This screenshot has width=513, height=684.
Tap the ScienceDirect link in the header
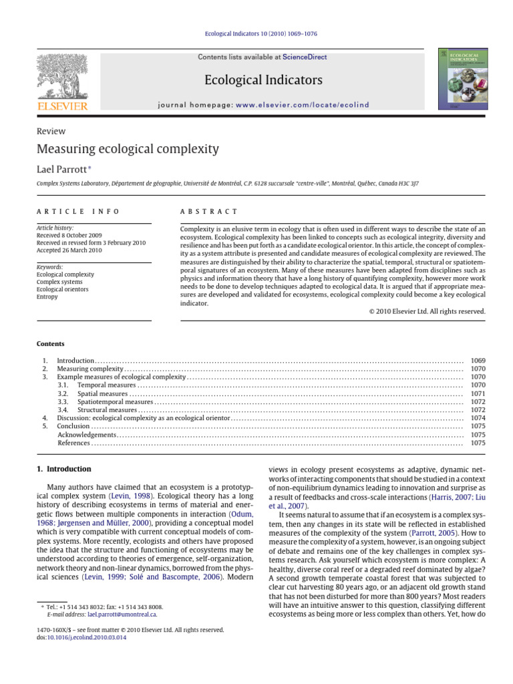coord(305,57)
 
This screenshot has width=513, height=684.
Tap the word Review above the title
coord(51,132)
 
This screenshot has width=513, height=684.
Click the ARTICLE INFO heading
coord(77,211)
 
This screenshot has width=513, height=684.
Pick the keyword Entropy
coord(47,297)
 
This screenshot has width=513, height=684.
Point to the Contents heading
coord(50,344)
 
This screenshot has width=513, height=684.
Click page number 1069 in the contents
coord(478,361)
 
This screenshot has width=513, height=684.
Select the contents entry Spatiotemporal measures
coord(115,402)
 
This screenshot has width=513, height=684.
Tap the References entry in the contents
coord(74,443)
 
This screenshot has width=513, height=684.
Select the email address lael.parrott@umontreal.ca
coord(122,615)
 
